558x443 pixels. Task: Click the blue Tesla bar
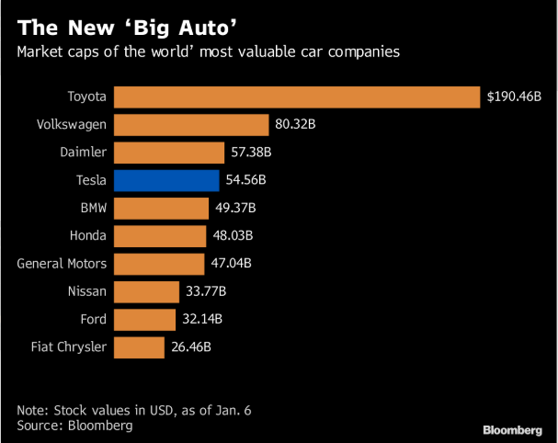[166, 180]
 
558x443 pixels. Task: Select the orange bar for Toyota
[297, 97]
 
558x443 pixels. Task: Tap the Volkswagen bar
[191, 124]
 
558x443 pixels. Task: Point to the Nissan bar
[147, 292]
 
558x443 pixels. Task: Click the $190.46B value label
[514, 97]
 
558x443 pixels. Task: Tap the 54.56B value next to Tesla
[247, 180]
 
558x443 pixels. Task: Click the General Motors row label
[62, 264]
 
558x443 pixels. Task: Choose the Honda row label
[87, 236]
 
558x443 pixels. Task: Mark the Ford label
[93, 320]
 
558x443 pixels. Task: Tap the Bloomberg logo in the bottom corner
[513, 429]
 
